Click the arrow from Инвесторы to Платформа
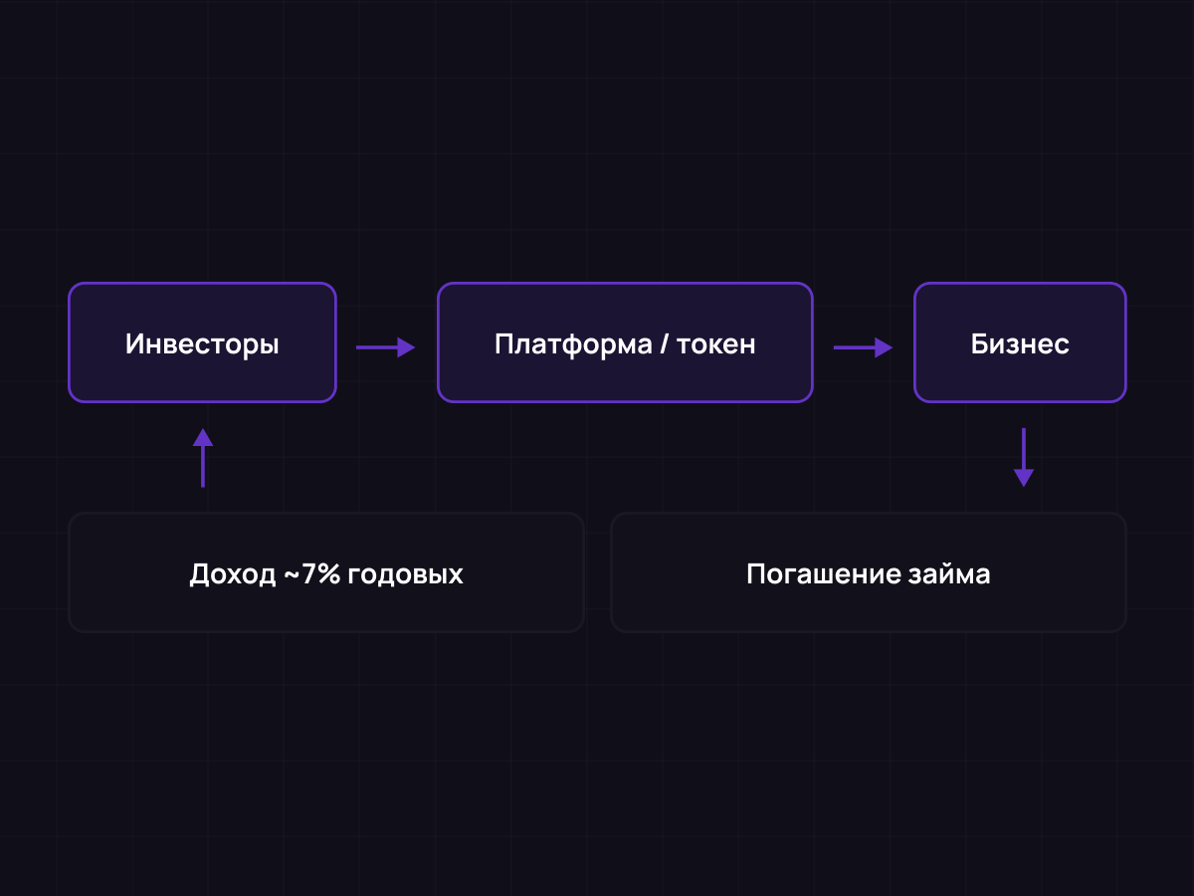click(384, 347)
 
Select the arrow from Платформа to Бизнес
click(862, 347)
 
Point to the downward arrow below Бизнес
click(1023, 458)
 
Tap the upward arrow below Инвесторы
click(203, 458)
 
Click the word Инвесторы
click(202, 344)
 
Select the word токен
click(715, 344)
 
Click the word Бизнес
click(1020, 344)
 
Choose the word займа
click(949, 574)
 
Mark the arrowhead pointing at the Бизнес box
click(884, 347)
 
